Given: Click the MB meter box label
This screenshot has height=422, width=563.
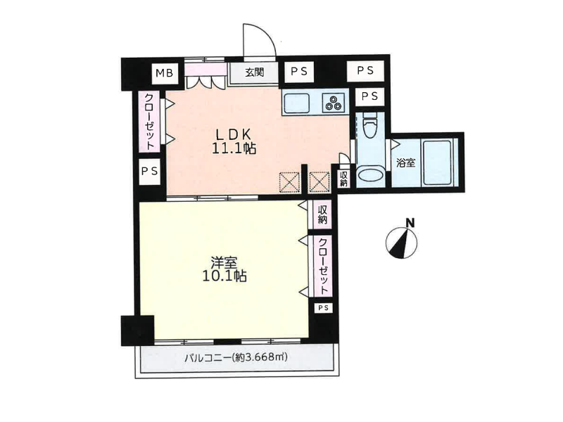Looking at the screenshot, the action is (165, 73).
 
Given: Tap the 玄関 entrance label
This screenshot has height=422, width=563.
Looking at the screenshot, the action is (255, 72).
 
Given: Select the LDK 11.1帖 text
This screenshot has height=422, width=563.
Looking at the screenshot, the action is (234, 141).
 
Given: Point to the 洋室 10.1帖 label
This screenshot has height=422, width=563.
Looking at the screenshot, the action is (224, 269).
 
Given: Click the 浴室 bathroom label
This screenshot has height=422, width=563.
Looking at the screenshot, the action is (406, 162).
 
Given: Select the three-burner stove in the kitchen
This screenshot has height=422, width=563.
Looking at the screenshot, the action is (334, 102).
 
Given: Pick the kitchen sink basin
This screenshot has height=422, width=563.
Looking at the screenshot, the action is (297, 103).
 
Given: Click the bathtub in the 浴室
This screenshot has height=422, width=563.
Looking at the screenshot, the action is (437, 162).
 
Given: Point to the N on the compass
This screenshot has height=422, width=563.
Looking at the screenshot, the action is (410, 223).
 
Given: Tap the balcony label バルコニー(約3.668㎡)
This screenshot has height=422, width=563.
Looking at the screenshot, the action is (236, 357).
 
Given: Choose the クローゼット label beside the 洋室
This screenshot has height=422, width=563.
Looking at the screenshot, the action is (324, 266).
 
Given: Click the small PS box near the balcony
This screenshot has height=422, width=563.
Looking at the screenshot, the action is (323, 308).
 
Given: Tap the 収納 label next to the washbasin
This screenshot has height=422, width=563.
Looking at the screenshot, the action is (343, 179).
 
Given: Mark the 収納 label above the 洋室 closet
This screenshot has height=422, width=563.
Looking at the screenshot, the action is (322, 215).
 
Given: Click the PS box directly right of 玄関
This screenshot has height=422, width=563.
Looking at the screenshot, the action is (299, 72).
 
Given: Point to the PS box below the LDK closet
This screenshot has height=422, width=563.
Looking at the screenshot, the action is (149, 172).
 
